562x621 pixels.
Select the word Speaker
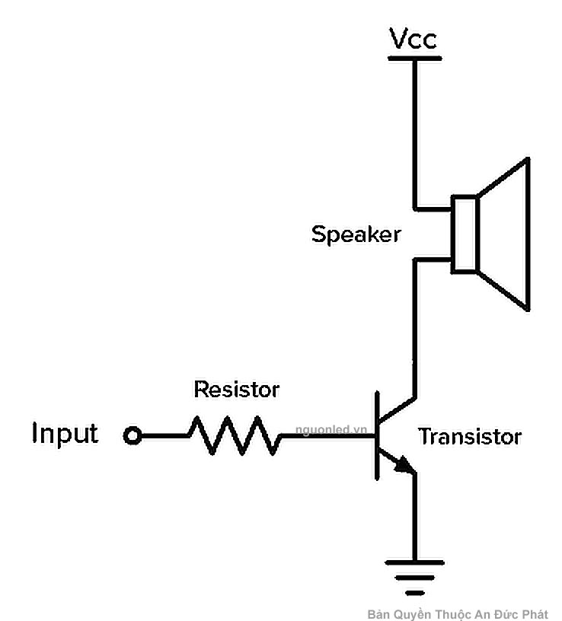point(356,234)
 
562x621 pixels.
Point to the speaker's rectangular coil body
point(465,234)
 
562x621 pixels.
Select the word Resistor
point(237,390)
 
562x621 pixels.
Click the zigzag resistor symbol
point(233,436)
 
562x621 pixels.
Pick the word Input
point(65,434)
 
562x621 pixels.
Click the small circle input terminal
point(133,436)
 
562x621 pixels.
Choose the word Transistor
point(470,437)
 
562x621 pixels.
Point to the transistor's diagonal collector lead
point(397,410)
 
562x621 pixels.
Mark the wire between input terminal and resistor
point(164,436)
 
